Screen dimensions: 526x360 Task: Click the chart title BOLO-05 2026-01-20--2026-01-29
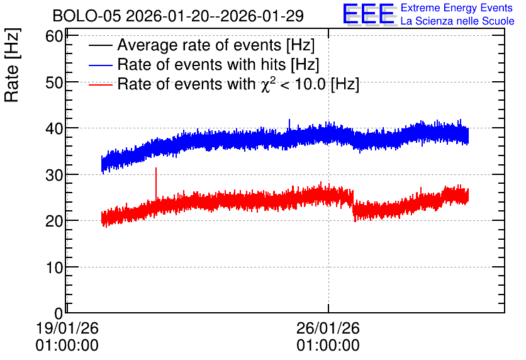click(x=178, y=16)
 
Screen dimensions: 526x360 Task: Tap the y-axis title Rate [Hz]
click(x=12, y=65)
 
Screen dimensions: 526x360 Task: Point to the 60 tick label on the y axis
click(x=54, y=36)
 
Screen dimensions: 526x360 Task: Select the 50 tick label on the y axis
click(x=54, y=82)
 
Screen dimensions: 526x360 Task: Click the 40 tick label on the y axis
click(x=54, y=128)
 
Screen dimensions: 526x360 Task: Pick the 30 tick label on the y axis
click(x=54, y=175)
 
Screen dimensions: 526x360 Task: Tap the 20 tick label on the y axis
click(x=54, y=221)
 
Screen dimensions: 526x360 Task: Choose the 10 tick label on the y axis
click(x=54, y=267)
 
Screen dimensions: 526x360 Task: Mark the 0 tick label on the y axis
click(x=59, y=313)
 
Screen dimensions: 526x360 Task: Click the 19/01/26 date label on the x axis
click(x=67, y=328)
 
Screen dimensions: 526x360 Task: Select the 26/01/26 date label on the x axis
click(x=328, y=328)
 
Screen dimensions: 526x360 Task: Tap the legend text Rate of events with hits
click(x=218, y=64)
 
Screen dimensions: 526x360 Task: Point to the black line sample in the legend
click(x=101, y=45)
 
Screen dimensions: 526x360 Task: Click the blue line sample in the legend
click(x=101, y=65)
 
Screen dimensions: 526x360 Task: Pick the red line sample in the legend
click(x=101, y=84)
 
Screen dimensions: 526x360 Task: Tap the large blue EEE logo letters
click(x=369, y=14)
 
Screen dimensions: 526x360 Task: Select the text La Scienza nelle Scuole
click(x=457, y=21)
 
